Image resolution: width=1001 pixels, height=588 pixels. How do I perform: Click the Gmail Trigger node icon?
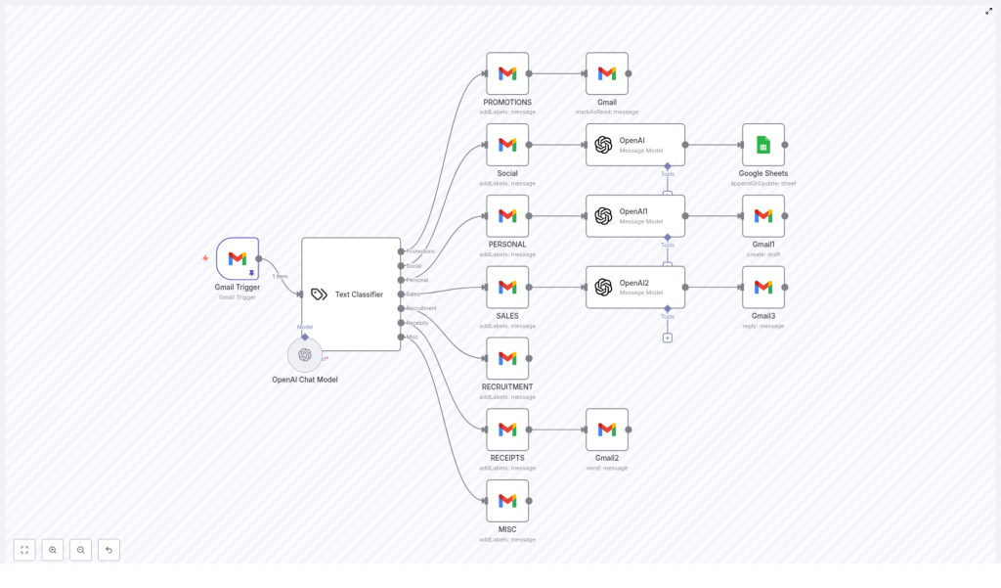point(238,258)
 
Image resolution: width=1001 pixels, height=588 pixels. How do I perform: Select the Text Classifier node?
point(351,294)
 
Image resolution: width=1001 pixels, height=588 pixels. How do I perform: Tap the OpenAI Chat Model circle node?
point(305,355)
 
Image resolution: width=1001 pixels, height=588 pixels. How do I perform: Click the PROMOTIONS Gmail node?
point(507,73)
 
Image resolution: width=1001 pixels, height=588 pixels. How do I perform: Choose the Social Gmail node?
point(507,145)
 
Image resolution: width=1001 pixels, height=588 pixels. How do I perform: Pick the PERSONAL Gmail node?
point(507,216)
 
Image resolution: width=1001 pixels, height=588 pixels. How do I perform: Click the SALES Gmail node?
point(507,288)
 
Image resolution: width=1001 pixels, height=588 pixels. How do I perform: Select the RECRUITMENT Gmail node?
point(507,358)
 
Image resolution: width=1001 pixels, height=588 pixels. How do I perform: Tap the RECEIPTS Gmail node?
point(507,430)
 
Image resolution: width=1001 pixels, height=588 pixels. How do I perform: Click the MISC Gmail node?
point(507,501)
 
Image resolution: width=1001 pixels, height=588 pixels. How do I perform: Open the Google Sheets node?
point(763,145)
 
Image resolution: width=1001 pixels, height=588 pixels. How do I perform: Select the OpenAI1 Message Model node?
point(635,216)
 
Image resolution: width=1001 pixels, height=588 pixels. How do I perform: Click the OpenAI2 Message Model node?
point(635,288)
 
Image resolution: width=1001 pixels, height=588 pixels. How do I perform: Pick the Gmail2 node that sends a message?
point(607,430)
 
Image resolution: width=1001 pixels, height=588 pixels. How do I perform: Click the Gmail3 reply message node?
point(763,288)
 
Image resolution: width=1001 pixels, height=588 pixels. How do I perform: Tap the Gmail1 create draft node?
point(763,216)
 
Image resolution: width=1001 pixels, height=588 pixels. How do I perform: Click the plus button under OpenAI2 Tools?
point(668,338)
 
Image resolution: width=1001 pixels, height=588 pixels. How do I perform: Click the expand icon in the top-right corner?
point(988,12)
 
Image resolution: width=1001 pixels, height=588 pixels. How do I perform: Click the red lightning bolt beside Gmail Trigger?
point(205,258)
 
